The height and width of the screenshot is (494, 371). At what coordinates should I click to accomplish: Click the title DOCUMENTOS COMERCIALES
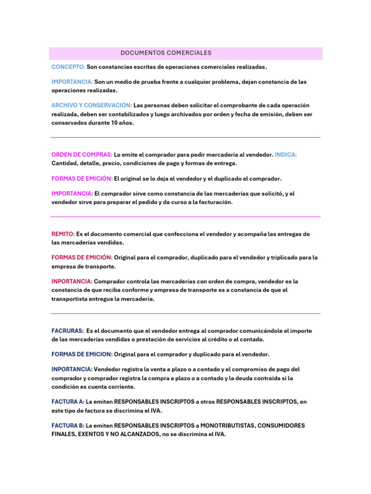tap(166, 53)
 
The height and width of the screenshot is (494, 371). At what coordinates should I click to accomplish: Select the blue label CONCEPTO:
tap(68, 67)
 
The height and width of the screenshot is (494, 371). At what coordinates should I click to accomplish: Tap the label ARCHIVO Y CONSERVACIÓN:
tap(92, 105)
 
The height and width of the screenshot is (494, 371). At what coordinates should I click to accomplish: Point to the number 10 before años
tap(114, 123)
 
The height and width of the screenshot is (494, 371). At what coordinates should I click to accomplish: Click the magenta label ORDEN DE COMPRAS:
tap(82, 155)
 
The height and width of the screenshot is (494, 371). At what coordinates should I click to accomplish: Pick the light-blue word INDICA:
tap(286, 155)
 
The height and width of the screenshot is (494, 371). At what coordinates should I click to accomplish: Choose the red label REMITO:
tap(63, 234)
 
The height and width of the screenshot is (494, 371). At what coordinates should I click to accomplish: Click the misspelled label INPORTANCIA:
tap(71, 281)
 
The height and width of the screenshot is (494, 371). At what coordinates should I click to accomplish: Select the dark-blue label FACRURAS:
tap(67, 331)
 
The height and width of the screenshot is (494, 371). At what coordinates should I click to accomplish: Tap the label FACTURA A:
tap(68, 401)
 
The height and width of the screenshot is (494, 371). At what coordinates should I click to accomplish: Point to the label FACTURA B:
tap(68, 425)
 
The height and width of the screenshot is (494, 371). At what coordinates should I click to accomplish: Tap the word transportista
tap(71, 299)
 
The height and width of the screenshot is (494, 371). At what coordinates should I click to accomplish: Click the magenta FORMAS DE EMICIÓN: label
tap(82, 178)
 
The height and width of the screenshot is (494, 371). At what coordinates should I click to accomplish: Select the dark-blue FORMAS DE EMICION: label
tap(82, 354)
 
